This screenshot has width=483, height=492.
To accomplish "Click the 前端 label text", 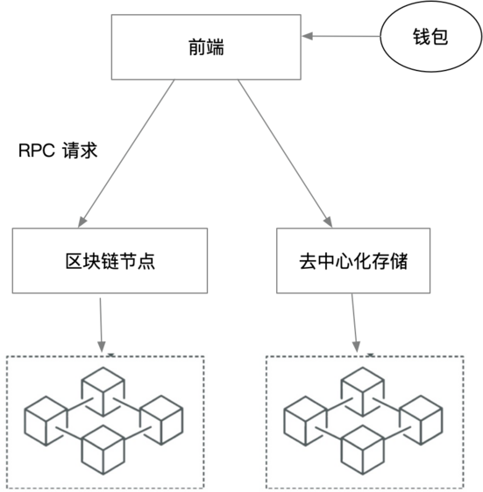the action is [x=207, y=47].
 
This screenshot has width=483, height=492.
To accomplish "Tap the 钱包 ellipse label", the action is [x=430, y=37].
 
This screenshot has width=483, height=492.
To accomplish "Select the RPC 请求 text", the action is [x=58, y=151].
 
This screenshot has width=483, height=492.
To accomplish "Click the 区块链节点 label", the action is [x=110, y=261].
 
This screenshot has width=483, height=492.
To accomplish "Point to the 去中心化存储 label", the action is [x=353, y=261].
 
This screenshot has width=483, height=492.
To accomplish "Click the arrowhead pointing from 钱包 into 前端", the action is [x=307, y=36].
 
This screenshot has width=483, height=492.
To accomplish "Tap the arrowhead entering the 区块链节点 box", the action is [x=82, y=221].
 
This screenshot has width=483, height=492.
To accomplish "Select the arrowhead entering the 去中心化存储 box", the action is [x=328, y=221].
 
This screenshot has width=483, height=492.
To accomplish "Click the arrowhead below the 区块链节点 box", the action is [x=102, y=347].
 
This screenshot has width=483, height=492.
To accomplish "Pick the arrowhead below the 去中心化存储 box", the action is [x=356, y=347].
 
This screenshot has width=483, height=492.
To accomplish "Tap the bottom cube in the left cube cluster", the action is [x=103, y=450].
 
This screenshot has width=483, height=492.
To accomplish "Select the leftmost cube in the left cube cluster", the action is [x=46, y=421].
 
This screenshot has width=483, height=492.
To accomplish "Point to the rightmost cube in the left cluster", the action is [x=161, y=420].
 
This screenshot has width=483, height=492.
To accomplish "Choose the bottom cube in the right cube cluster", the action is [x=363, y=450].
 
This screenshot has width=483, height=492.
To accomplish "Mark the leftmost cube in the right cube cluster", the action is [x=305, y=421].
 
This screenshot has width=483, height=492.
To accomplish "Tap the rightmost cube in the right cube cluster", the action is [x=421, y=420].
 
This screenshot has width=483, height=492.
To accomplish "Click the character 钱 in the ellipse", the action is [x=421, y=37].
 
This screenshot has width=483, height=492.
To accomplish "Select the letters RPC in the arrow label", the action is [x=37, y=151].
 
